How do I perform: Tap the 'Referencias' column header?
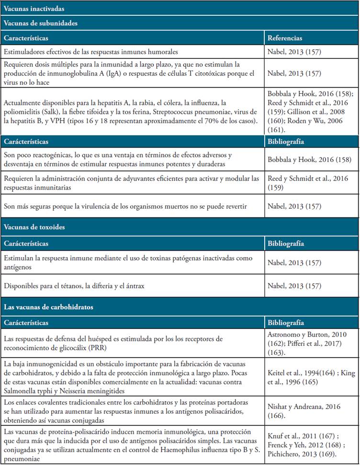click(285, 38)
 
